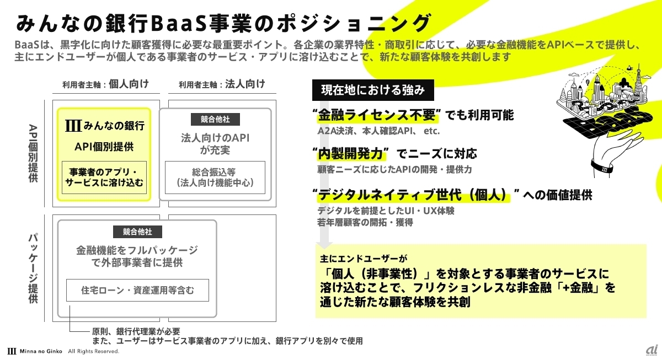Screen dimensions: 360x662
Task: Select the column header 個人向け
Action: tap(129, 84)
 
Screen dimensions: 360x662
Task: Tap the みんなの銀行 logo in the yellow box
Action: tap(104, 126)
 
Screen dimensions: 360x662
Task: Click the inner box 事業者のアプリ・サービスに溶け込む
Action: tap(104, 177)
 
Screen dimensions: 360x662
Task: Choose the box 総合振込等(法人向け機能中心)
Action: tap(215, 176)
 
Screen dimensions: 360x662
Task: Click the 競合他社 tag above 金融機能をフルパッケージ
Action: tap(137, 232)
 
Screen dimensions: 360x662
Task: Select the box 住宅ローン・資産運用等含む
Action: tap(137, 289)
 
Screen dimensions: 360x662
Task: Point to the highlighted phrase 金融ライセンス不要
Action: tap(375, 115)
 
